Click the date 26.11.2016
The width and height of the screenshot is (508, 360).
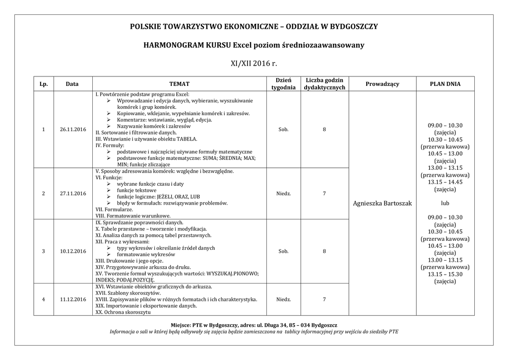click(x=72, y=130)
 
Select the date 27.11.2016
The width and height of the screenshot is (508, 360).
click(x=72, y=193)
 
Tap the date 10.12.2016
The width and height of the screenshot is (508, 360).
click(x=72, y=251)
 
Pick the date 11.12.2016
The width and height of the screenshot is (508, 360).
click(x=72, y=299)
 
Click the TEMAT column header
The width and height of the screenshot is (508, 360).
click(x=179, y=84)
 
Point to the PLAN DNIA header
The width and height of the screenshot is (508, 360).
click(x=445, y=84)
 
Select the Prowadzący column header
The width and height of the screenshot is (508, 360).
click(x=382, y=84)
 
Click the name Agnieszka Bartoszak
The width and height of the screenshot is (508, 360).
click(x=382, y=204)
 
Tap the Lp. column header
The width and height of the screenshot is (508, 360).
click(x=44, y=84)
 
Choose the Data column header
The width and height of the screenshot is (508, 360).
click(x=72, y=84)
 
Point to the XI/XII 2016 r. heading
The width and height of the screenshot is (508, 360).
click(x=254, y=64)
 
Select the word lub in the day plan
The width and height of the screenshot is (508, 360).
click(x=445, y=203)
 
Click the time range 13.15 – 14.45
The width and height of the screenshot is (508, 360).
click(x=445, y=182)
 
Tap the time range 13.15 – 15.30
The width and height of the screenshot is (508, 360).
click(x=445, y=274)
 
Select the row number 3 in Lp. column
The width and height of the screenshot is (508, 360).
click(x=44, y=251)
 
